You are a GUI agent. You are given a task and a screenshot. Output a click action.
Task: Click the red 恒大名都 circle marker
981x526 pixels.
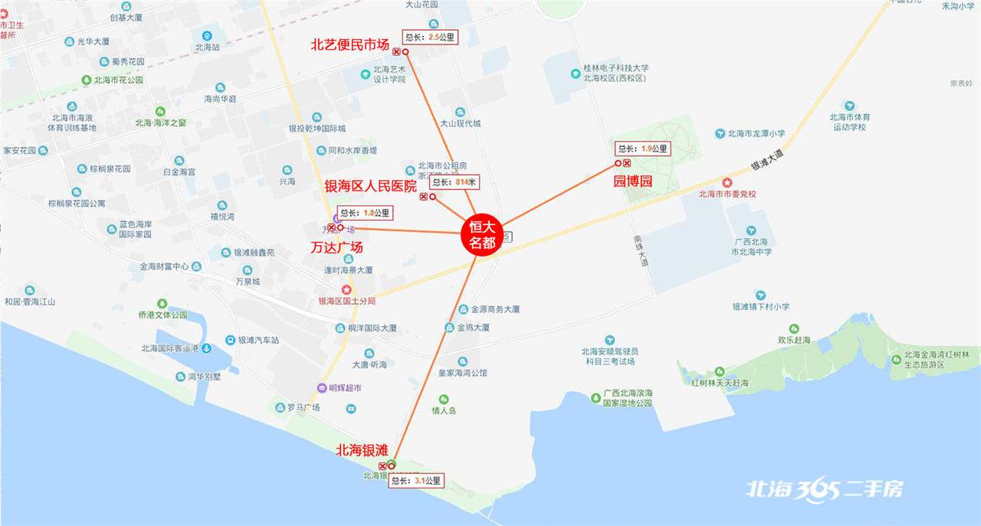coord(483,234)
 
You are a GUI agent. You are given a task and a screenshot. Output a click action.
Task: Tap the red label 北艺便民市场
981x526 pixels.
coord(349,45)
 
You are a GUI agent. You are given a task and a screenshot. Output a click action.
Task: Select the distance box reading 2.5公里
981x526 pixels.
coord(430,37)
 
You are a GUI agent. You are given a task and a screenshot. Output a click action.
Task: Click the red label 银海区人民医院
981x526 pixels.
coord(371,186)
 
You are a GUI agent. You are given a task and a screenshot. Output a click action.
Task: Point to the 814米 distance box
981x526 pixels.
coord(455,182)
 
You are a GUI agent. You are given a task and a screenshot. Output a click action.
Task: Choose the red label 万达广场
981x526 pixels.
coord(336,248)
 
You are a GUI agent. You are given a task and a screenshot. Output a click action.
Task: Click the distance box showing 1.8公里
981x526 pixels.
coord(366,213)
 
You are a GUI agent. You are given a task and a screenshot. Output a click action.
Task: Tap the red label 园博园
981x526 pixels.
coord(633,181)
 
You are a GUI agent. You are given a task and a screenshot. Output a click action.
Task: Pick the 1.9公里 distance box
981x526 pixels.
coord(643,149)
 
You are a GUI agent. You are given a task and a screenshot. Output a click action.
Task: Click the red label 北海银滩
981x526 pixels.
coord(362,450)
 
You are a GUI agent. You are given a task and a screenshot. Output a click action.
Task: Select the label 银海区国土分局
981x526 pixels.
coord(347,301)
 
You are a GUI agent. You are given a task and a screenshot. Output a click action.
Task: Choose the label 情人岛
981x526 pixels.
coord(444,410)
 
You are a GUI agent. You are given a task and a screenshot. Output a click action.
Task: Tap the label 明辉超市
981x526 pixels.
coord(345,388)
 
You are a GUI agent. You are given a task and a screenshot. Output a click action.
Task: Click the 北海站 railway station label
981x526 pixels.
coord(207,47)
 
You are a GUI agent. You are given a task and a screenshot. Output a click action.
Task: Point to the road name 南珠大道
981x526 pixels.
coord(640,250)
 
